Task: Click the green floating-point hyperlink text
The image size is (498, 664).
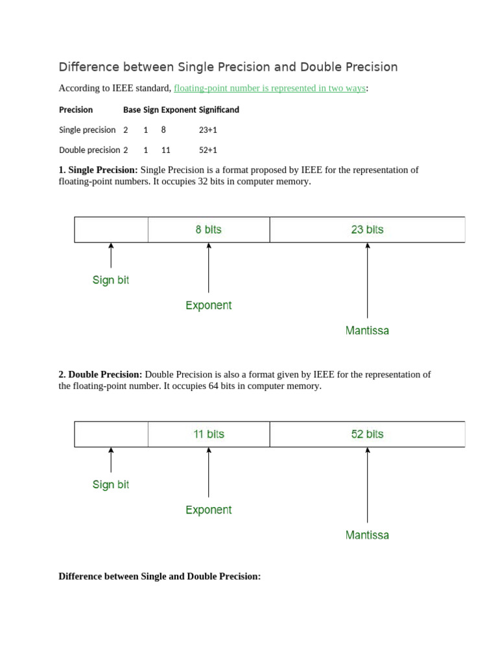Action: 270,88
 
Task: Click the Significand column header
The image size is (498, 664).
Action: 219,110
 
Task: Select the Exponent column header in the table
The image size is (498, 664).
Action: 178,110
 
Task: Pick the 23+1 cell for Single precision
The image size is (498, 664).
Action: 207,130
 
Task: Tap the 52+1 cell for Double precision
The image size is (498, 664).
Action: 207,150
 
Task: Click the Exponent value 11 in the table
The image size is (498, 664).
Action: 166,150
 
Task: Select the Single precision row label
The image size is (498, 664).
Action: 87,130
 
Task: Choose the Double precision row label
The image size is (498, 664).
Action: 89,150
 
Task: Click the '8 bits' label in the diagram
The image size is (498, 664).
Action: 208,230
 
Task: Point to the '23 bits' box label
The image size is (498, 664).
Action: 367,230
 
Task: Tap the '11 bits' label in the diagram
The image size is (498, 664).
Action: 208,434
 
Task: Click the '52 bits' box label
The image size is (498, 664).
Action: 367,434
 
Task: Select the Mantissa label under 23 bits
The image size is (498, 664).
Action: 367,331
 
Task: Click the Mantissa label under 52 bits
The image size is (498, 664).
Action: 367,536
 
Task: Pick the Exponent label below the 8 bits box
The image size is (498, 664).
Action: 208,305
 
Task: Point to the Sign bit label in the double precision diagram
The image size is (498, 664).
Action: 111,485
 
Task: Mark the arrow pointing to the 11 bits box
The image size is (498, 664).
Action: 208,472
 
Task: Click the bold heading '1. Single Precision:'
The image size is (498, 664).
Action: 98,170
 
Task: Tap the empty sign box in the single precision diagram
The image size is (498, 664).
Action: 111,230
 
